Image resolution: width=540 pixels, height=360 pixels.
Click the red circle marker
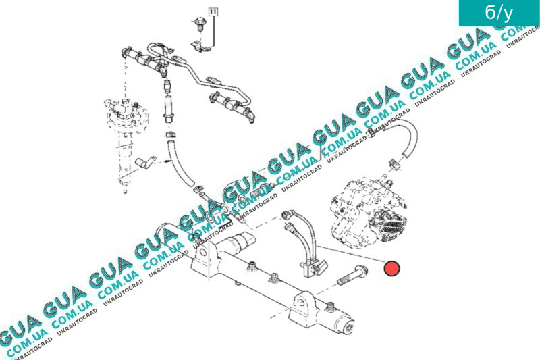[391, 269]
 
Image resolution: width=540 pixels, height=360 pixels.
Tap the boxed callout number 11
[214, 12]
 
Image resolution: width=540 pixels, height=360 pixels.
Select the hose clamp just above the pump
[396, 165]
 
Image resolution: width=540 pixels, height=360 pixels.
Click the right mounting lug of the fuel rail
[300, 307]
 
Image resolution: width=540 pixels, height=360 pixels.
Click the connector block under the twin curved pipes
[309, 264]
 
